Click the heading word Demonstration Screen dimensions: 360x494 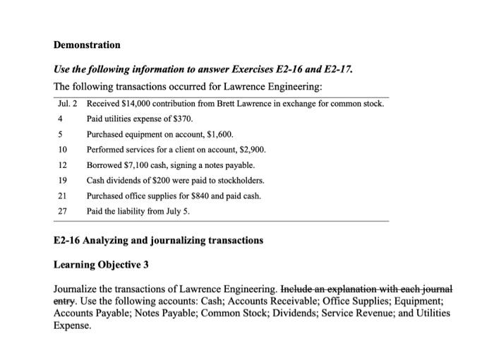coord(87,44)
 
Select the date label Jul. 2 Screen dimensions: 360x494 coord(68,104)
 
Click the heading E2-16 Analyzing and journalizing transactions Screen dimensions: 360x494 coord(159,240)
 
